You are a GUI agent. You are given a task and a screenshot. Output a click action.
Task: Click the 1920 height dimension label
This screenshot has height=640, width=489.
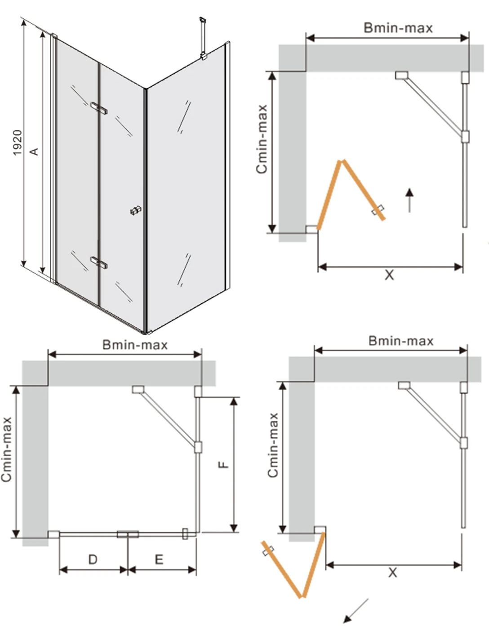[x=17, y=142]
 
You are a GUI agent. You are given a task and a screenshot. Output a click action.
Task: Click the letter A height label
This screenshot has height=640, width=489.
[x=34, y=151]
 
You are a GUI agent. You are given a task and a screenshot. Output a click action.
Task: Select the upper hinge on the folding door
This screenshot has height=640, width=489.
[x=99, y=108]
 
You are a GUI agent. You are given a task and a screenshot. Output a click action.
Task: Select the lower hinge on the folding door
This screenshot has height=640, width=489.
[x=98, y=262]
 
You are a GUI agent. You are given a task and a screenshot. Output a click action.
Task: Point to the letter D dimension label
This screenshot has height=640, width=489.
[x=93, y=559]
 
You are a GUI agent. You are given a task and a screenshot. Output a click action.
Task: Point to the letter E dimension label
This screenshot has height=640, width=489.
[x=159, y=559]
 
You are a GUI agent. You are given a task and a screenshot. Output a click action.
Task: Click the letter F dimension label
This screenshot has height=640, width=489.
[x=223, y=464]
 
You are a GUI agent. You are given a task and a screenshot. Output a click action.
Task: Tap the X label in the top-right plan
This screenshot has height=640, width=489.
[x=389, y=275]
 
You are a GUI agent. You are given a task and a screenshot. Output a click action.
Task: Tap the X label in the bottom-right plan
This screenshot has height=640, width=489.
[x=393, y=572]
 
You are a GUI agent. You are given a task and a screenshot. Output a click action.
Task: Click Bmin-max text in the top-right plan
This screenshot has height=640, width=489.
[x=398, y=28]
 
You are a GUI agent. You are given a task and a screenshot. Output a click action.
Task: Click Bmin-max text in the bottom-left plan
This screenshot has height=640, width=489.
[x=135, y=345]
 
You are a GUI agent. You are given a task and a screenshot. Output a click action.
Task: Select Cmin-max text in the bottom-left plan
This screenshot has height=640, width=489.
[x=6, y=449]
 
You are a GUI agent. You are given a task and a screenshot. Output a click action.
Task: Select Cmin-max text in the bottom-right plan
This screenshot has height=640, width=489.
[x=273, y=445]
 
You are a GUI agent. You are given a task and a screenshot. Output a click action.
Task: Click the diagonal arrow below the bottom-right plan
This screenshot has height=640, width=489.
[x=356, y=611]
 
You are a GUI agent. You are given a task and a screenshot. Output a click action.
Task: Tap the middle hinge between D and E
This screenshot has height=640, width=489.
[x=128, y=534]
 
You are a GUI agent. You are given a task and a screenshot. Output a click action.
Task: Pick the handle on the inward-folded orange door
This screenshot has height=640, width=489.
[x=378, y=210]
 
